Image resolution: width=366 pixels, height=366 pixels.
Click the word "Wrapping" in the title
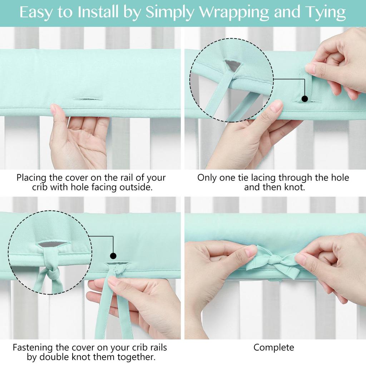(x=233, y=13)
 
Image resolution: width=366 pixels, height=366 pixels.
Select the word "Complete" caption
(x=274, y=347)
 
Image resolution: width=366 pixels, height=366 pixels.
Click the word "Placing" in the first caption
(x=30, y=178)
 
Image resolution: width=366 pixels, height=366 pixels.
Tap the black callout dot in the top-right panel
(x=305, y=99)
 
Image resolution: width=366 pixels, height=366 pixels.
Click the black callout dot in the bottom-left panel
(x=113, y=256)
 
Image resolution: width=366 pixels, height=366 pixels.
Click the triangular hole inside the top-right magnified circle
(x=233, y=65)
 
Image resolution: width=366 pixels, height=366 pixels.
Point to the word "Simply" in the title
(x=170, y=13)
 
